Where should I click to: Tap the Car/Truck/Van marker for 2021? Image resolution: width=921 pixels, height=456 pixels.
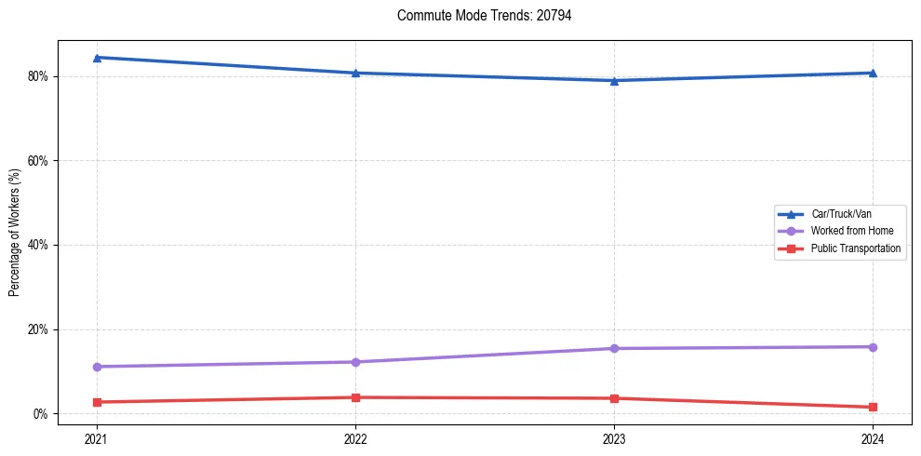tap(97, 58)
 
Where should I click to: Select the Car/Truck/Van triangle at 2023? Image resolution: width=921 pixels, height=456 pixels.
tap(614, 80)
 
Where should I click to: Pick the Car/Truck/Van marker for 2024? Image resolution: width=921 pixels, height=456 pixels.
tap(873, 73)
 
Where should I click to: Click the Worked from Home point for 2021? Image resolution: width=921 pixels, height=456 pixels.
tap(97, 367)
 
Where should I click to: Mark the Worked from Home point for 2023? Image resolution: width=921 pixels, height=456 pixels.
tap(614, 348)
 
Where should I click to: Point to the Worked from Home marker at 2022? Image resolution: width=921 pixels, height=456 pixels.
tap(355, 362)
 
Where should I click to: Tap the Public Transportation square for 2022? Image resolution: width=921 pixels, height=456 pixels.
tap(355, 397)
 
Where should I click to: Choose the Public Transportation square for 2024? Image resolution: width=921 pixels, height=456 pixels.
tap(873, 407)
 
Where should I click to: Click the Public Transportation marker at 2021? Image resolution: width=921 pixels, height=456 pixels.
tap(97, 402)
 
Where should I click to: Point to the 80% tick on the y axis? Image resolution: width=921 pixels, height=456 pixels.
tap(38, 76)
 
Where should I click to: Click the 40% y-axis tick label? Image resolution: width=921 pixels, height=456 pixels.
tap(38, 245)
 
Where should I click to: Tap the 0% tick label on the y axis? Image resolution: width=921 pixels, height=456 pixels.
tap(41, 414)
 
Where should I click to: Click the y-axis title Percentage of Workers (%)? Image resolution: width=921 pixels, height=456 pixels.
tap(14, 233)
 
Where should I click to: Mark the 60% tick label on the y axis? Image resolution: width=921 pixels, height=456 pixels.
tap(38, 161)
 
